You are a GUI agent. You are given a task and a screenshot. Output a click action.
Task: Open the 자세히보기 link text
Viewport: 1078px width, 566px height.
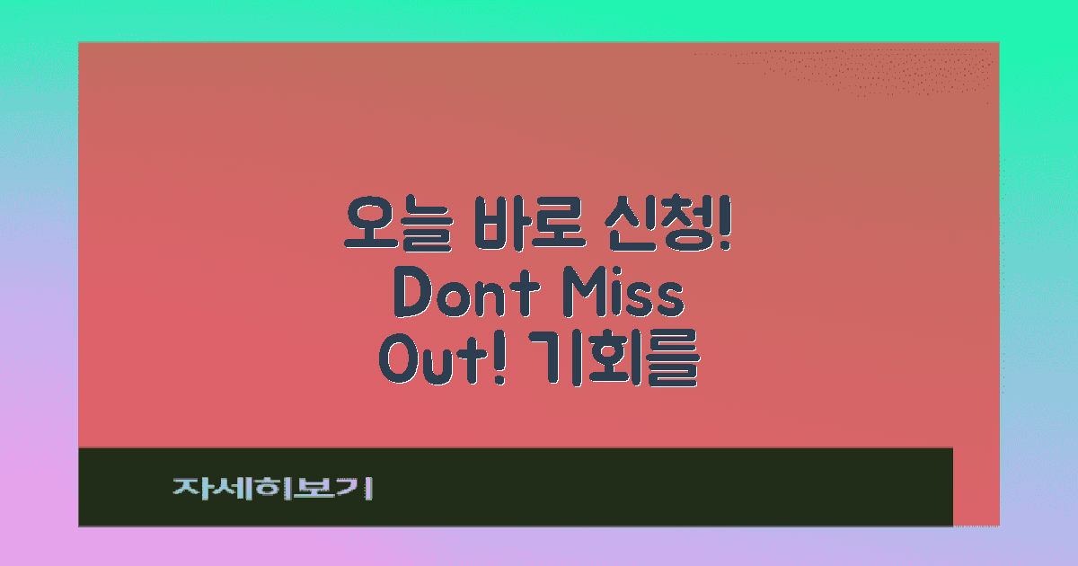click(x=272, y=488)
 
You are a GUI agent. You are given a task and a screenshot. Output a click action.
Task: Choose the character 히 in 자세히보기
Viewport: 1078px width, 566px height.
click(x=271, y=488)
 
